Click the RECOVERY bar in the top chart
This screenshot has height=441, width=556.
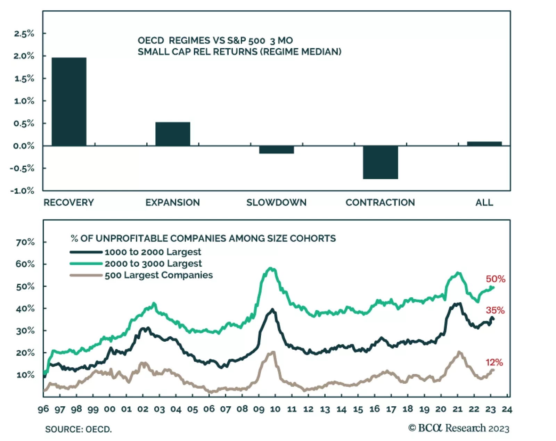(69, 101)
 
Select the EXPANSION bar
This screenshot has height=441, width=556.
(173, 134)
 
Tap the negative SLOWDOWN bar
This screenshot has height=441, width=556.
(277, 150)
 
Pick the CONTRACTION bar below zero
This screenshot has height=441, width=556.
(380, 162)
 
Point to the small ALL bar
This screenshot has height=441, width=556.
(484, 143)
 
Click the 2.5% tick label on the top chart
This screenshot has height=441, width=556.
(24, 34)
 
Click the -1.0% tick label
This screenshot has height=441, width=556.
(23, 191)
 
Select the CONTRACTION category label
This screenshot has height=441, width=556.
(380, 202)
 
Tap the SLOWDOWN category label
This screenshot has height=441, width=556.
(276, 202)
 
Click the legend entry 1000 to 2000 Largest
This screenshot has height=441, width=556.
(153, 252)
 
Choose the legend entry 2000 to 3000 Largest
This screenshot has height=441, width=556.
(153, 264)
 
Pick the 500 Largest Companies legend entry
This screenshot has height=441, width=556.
(158, 275)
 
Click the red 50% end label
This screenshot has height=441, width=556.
(496, 279)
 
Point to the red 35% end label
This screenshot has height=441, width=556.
(495, 310)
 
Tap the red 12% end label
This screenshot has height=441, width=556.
(494, 363)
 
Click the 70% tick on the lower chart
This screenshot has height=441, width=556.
(25, 242)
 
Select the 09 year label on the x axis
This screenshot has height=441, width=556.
(259, 409)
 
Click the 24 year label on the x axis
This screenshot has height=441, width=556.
(507, 409)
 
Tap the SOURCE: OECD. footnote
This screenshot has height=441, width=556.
(79, 430)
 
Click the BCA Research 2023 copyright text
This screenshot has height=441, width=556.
(459, 428)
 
